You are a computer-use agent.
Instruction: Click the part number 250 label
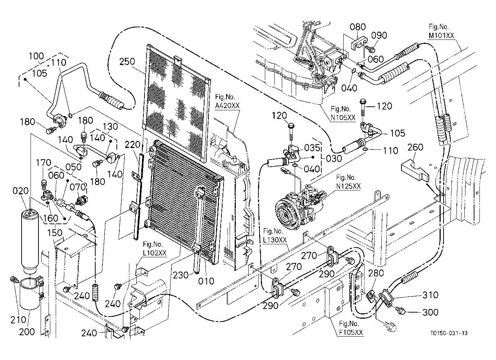click(x=127, y=61)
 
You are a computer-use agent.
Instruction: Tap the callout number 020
click(x=20, y=191)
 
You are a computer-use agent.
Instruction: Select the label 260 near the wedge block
click(x=415, y=147)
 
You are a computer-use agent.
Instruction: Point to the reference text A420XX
click(x=227, y=106)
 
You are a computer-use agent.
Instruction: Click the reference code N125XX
click(x=348, y=186)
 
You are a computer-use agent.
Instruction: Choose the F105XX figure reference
click(x=351, y=333)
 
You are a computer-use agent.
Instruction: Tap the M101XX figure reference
click(x=441, y=36)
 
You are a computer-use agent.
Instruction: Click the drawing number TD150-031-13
click(x=449, y=333)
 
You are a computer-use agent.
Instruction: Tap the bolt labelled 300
click(x=400, y=310)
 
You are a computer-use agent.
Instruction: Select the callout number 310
click(x=430, y=295)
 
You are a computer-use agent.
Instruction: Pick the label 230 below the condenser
click(x=180, y=275)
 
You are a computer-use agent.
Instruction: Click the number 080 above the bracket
click(x=358, y=27)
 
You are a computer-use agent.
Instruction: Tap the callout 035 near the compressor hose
click(x=312, y=148)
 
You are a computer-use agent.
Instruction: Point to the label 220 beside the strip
click(x=132, y=145)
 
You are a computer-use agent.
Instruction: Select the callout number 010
click(x=206, y=281)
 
